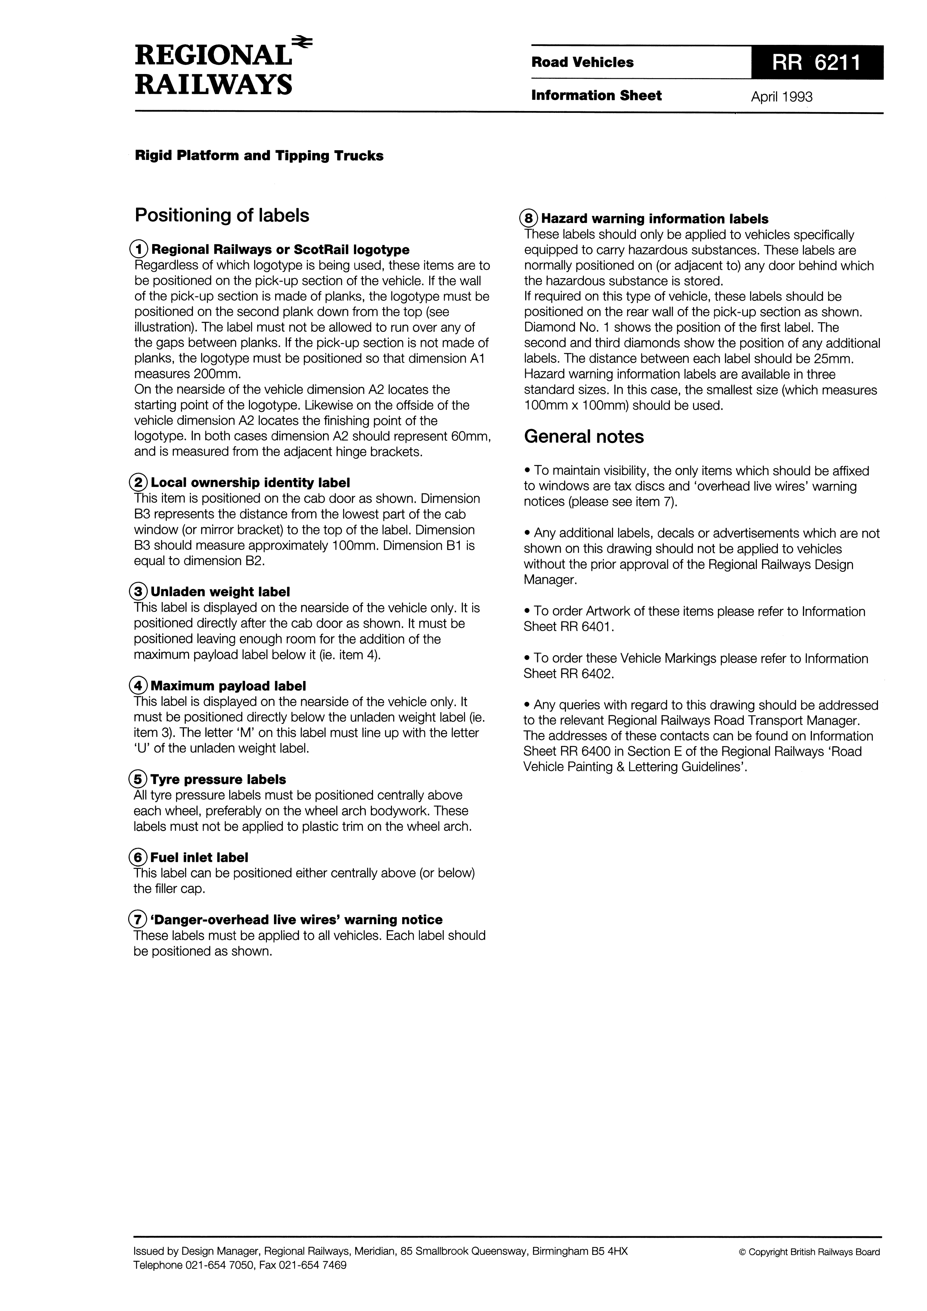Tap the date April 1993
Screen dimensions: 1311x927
781,97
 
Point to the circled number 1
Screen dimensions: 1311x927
139,250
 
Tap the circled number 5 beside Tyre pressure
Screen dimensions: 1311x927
139,780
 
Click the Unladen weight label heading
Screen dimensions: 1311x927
220,592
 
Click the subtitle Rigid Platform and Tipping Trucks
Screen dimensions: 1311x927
259,156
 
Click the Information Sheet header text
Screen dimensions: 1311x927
596,95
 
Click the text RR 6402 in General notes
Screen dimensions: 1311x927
586,674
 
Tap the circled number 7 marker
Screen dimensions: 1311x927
138,920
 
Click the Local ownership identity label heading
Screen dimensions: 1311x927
250,482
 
